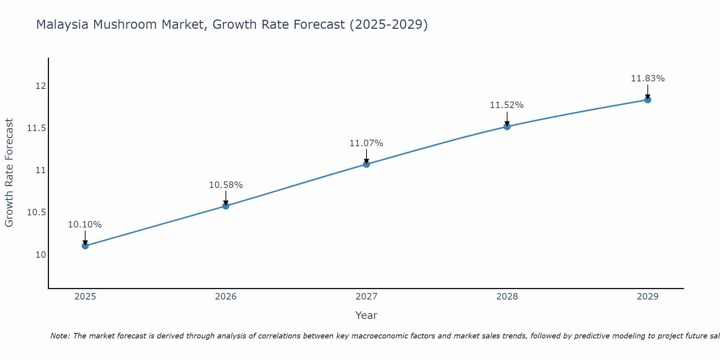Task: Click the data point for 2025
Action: [x=85, y=246]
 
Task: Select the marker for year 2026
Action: [x=226, y=206]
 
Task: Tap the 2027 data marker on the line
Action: [x=366, y=164]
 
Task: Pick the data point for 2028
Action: [x=507, y=126]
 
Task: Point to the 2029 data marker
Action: [x=648, y=100]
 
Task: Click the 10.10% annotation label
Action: [x=85, y=225]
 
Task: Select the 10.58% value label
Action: [x=226, y=185]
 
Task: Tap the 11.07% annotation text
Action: [x=366, y=143]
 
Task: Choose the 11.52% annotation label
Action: [x=507, y=105]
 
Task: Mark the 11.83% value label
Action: [x=648, y=78]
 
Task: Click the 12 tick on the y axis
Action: [x=41, y=86]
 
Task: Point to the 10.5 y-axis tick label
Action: [x=37, y=212]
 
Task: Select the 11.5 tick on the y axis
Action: [x=37, y=128]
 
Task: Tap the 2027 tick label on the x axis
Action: [x=366, y=297]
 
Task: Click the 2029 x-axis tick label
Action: [x=648, y=297]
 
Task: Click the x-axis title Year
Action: [x=366, y=315]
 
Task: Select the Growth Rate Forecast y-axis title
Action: [x=9, y=173]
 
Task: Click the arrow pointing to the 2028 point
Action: [x=507, y=119]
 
